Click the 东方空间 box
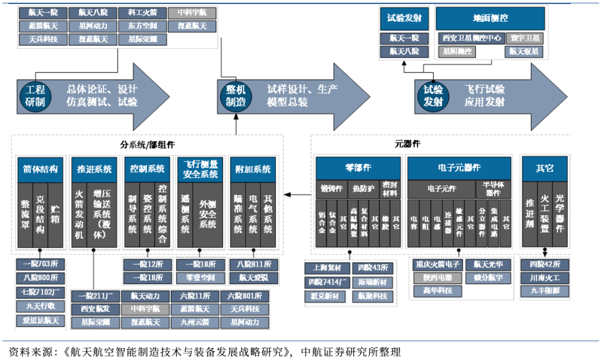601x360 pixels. (142, 26)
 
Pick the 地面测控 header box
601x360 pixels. (490, 18)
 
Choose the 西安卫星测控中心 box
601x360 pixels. (471, 38)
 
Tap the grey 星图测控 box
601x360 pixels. (457, 52)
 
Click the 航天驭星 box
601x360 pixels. (524, 52)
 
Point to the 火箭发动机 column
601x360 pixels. (80, 215)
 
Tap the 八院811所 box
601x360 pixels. (254, 265)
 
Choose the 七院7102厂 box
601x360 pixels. (40, 292)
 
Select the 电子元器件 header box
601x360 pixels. (459, 168)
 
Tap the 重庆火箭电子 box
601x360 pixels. (437, 265)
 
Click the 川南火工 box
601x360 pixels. (544, 278)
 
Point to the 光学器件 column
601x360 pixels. (559, 215)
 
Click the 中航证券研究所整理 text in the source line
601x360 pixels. (350, 352)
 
